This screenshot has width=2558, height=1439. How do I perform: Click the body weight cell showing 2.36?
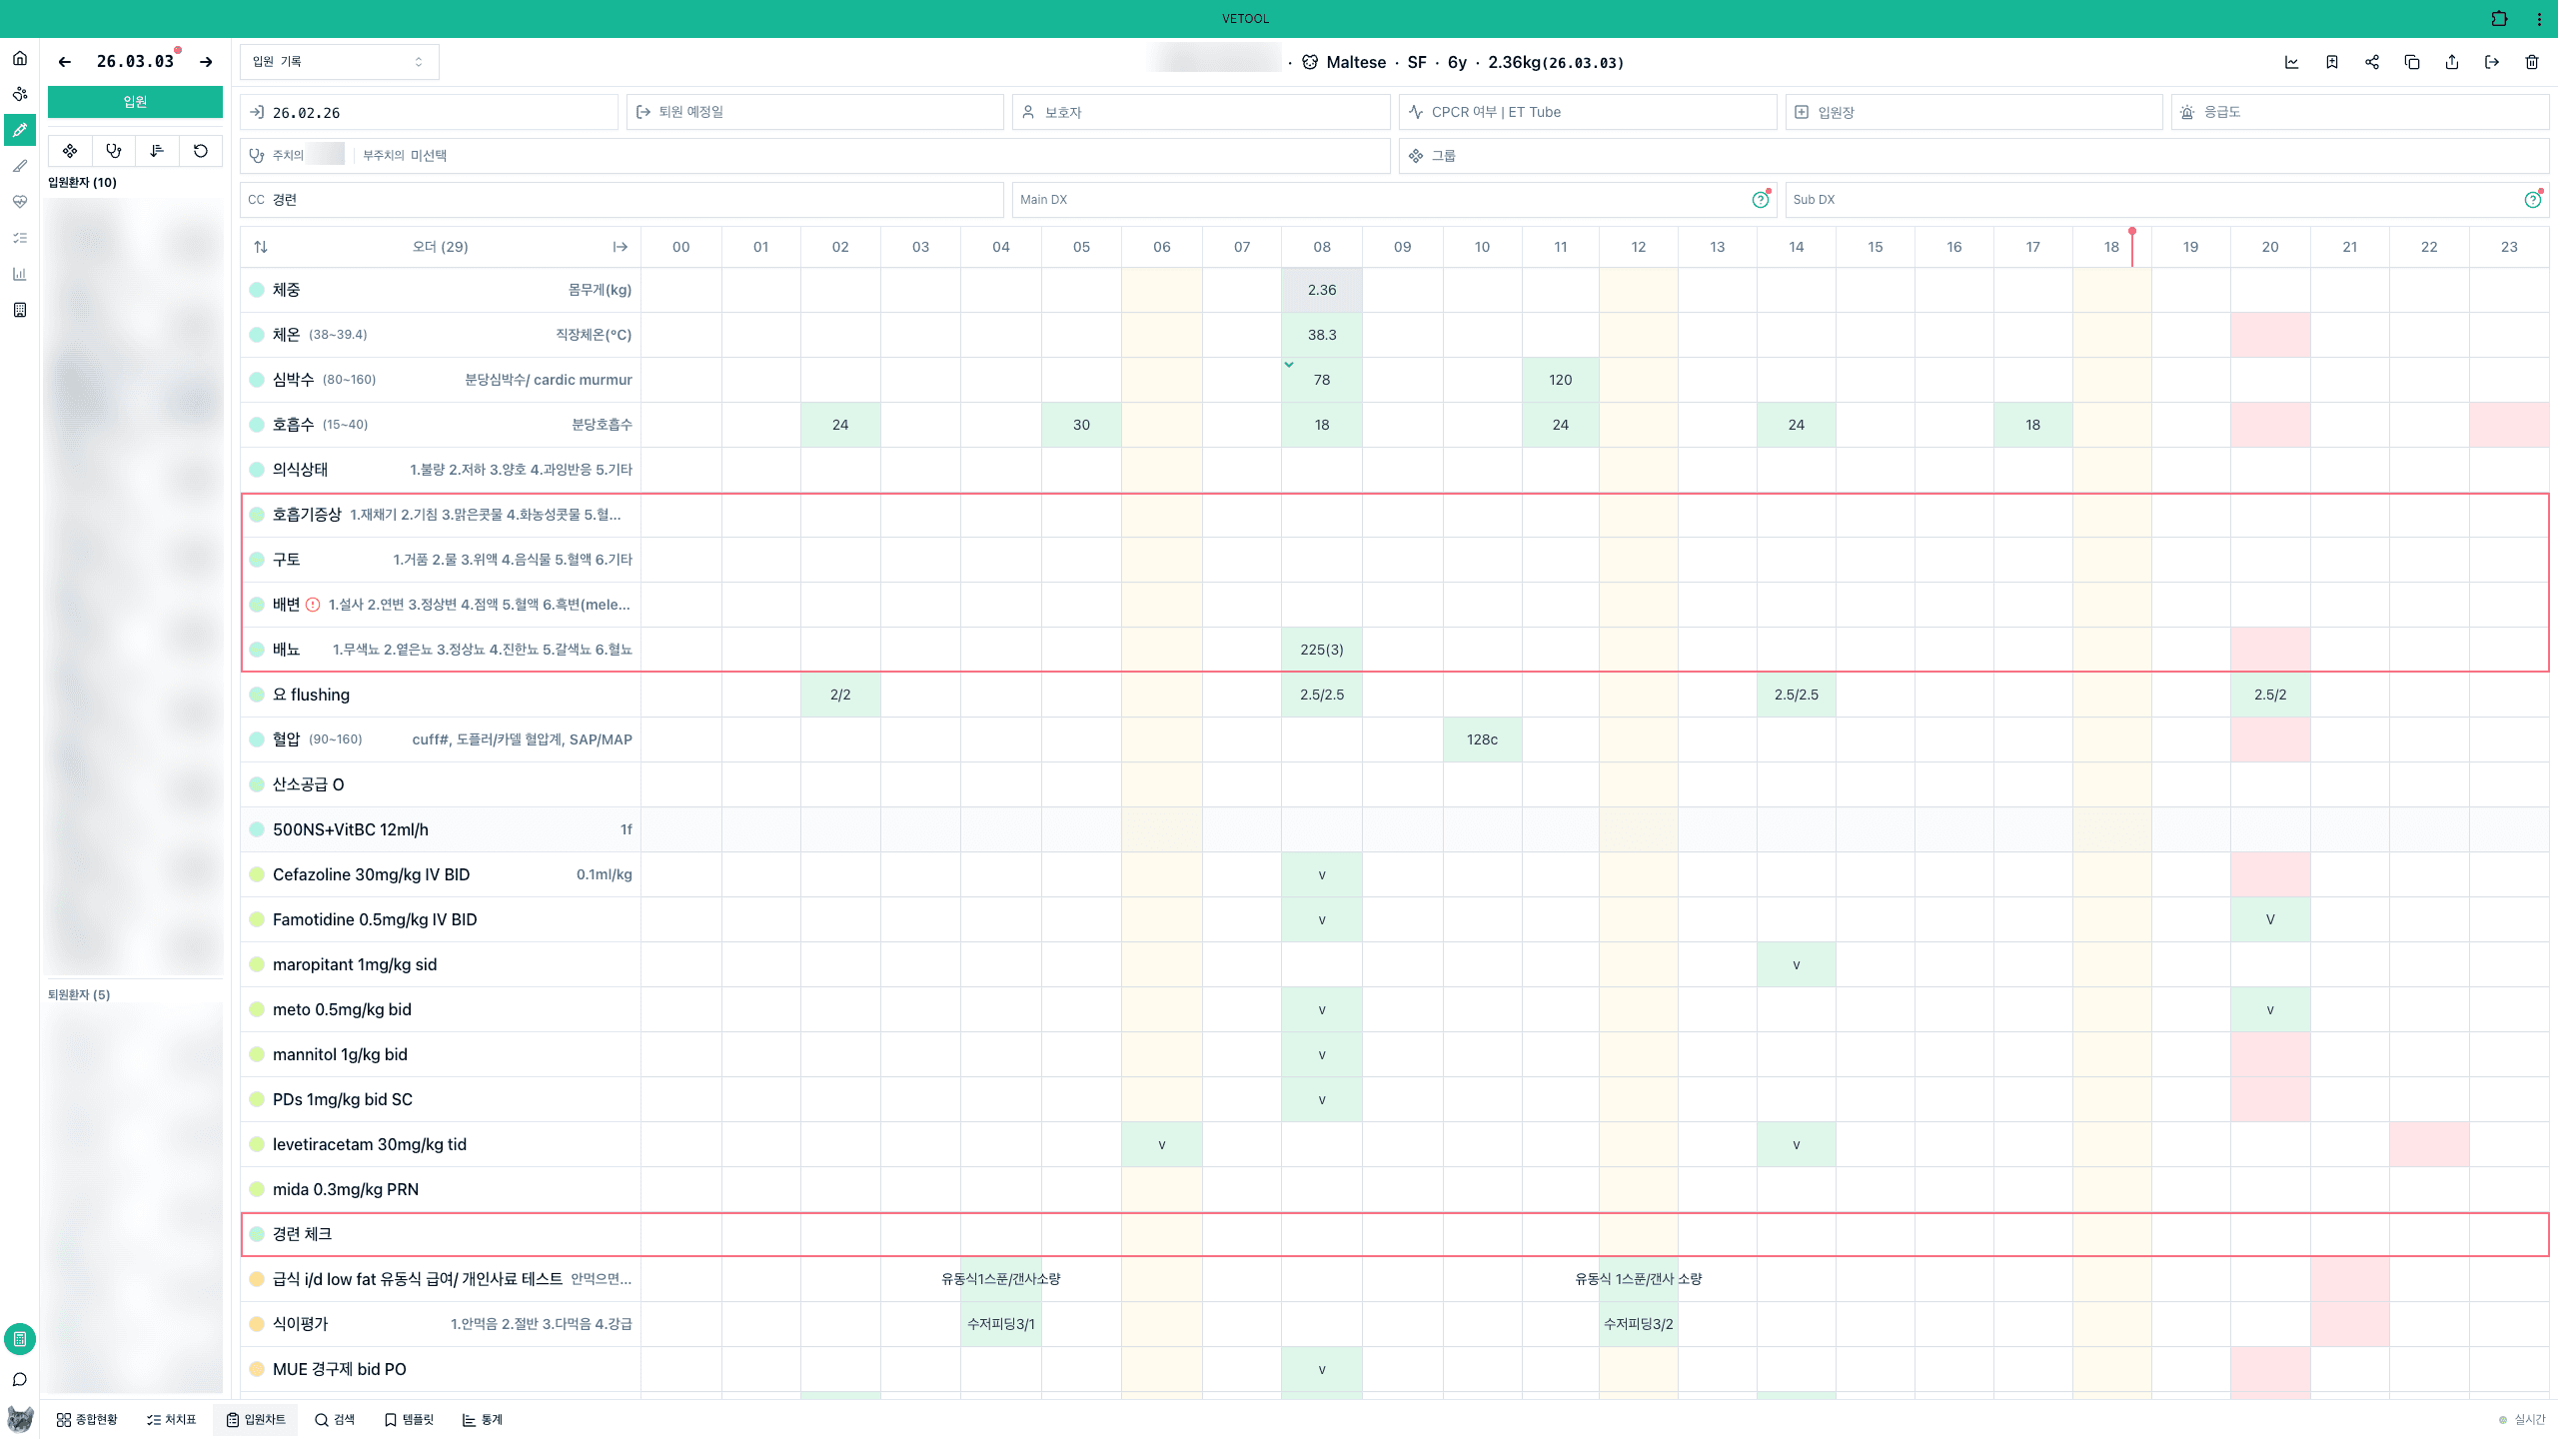pyautogui.click(x=1321, y=290)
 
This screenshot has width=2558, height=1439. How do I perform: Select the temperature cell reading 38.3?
pyautogui.click(x=1321, y=335)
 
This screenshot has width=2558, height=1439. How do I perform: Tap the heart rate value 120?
pyautogui.click(x=1560, y=380)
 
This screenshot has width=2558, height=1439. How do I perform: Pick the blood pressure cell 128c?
pyautogui.click(x=1482, y=739)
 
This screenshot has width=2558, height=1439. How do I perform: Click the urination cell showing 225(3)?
pyautogui.click(x=1321, y=650)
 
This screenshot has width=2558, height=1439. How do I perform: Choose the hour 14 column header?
pyautogui.click(x=1796, y=247)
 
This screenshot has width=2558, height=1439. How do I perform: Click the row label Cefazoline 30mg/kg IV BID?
pyautogui.click(x=371, y=874)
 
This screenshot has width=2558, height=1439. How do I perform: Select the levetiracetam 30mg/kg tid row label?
pyautogui.click(x=369, y=1144)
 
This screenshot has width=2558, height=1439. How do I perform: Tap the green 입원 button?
pyautogui.click(x=135, y=102)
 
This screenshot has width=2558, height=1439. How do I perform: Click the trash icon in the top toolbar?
pyautogui.click(x=2532, y=62)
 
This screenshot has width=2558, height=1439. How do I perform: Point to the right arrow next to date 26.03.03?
pyautogui.click(x=206, y=62)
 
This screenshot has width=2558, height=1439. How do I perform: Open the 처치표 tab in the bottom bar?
pyautogui.click(x=171, y=1419)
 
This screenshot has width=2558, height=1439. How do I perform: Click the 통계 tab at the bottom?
pyautogui.click(x=483, y=1419)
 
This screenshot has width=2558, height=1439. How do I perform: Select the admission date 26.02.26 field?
pyautogui.click(x=306, y=113)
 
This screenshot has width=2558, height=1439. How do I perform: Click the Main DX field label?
pyautogui.click(x=1043, y=200)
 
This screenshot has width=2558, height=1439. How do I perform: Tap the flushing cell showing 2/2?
pyautogui.click(x=840, y=695)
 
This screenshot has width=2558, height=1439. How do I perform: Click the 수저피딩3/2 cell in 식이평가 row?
pyautogui.click(x=1638, y=1324)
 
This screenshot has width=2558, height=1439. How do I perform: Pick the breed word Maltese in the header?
pyautogui.click(x=1356, y=62)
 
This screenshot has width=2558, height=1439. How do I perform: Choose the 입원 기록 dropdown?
pyautogui.click(x=339, y=62)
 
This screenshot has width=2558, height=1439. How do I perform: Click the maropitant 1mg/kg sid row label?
pyautogui.click(x=354, y=964)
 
